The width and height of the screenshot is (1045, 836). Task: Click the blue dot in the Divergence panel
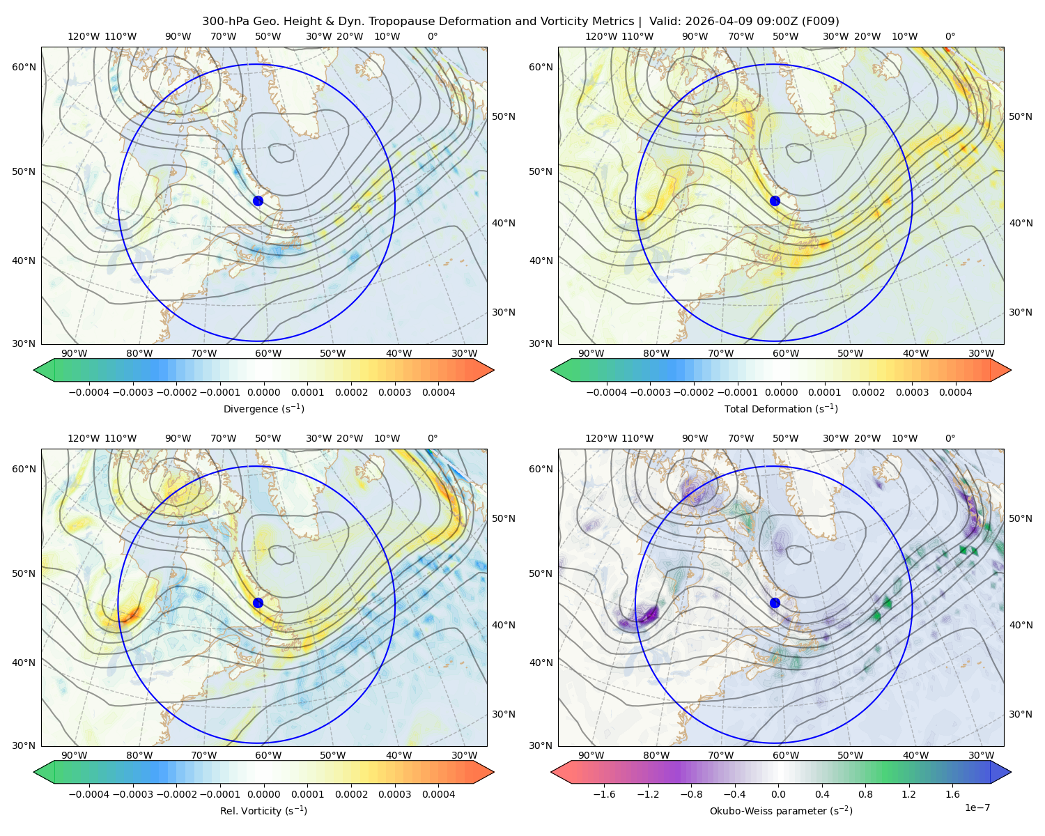click(x=258, y=201)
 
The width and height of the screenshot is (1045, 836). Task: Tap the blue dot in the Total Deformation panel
click(x=775, y=201)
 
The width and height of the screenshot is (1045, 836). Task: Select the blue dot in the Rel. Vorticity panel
click(x=258, y=603)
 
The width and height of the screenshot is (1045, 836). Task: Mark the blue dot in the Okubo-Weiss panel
click(x=775, y=603)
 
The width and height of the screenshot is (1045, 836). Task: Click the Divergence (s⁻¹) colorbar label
click(x=263, y=408)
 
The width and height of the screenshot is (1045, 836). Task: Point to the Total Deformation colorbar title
click(x=781, y=408)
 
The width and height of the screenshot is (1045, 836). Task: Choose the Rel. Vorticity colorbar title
click(x=263, y=810)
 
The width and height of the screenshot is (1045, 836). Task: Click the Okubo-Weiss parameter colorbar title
click(x=781, y=810)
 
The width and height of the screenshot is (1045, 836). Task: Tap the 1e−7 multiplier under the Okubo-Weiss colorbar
click(x=977, y=807)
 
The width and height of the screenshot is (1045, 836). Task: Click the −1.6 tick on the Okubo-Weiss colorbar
click(x=604, y=794)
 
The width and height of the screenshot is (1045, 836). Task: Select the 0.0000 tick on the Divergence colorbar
click(x=263, y=392)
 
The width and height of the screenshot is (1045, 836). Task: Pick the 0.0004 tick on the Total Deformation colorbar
click(x=955, y=392)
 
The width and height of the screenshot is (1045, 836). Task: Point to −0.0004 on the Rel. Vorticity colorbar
click(x=89, y=794)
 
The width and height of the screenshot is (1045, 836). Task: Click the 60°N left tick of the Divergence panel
click(x=24, y=67)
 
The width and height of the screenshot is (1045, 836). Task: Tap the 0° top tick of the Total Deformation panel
click(x=950, y=36)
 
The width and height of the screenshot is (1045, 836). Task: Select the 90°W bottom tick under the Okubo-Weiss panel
click(x=591, y=755)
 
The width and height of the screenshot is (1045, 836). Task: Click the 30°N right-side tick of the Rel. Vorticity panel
click(x=504, y=714)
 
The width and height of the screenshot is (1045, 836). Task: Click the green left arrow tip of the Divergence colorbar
click(x=34, y=370)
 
